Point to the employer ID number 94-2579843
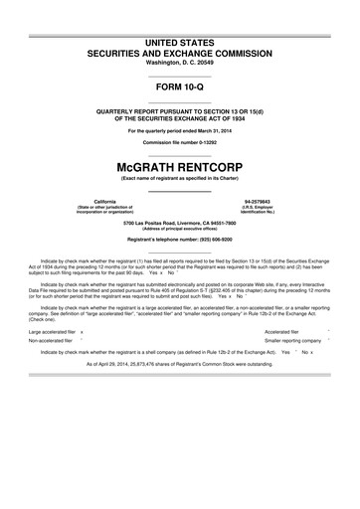[x=258, y=200]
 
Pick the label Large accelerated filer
[x=53, y=329]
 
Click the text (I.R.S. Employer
[x=258, y=206]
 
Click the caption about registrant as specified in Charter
[x=180, y=178]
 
